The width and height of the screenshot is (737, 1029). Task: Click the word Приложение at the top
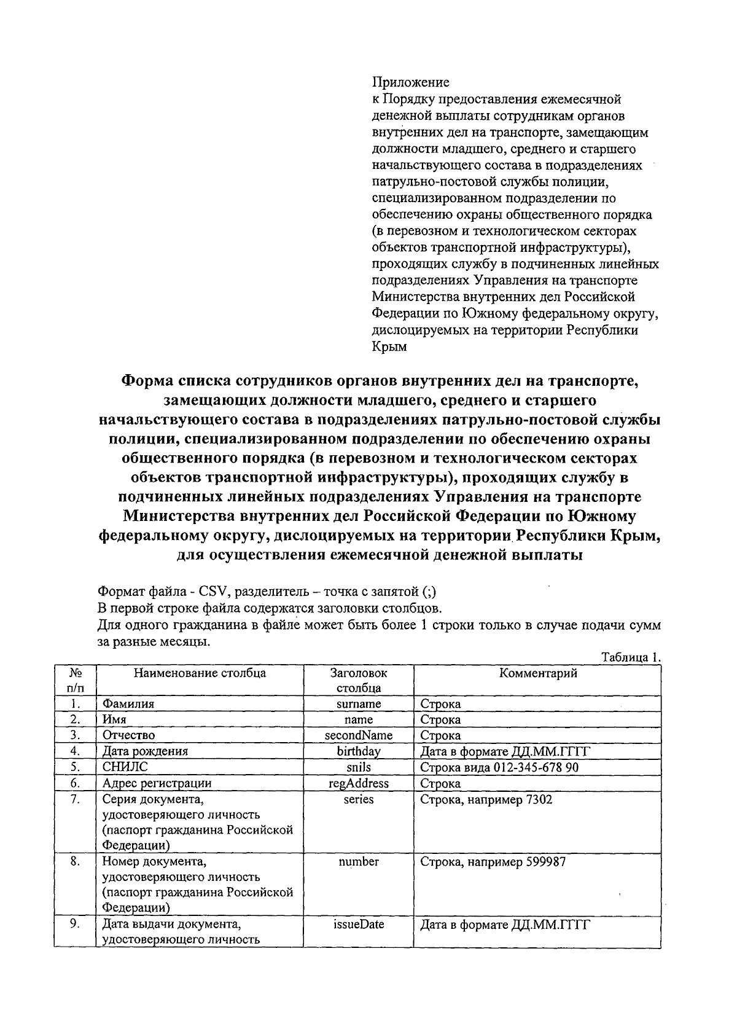click(410, 82)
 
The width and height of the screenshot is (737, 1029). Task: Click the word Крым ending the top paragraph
click(389, 347)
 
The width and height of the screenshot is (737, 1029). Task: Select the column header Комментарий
click(537, 673)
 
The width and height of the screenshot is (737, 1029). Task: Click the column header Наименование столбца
click(200, 673)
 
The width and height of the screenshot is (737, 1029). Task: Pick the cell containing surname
click(359, 704)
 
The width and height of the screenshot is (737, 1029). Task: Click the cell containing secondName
click(359, 735)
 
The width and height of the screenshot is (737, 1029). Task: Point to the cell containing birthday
click(359, 751)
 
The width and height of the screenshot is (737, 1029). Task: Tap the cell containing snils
click(359, 767)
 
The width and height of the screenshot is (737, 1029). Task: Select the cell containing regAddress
click(359, 783)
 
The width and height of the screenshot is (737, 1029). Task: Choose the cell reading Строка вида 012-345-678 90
click(499, 767)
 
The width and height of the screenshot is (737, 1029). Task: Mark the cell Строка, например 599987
click(493, 862)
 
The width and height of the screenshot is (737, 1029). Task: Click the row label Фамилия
click(128, 704)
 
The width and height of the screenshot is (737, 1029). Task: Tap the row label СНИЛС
click(125, 767)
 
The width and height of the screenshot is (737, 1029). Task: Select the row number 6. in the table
click(76, 783)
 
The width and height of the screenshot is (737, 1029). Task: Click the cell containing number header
click(359, 862)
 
